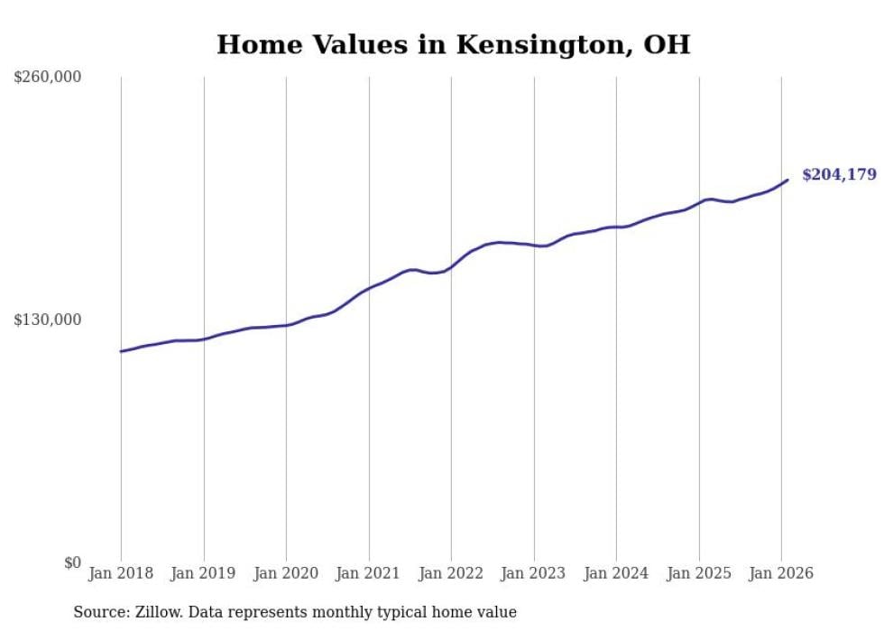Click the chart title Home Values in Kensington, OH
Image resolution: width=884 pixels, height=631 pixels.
pyautogui.click(x=453, y=44)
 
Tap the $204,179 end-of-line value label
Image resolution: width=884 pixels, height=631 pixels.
pyautogui.click(x=839, y=174)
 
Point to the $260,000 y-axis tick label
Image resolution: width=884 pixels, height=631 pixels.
pyautogui.click(x=48, y=78)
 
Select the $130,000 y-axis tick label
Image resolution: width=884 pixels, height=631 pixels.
pyautogui.click(x=48, y=320)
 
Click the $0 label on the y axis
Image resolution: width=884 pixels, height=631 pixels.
pyautogui.click(x=72, y=563)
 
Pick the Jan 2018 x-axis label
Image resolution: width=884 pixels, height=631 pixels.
pyautogui.click(x=121, y=573)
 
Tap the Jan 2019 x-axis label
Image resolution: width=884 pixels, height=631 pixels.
pyautogui.click(x=204, y=573)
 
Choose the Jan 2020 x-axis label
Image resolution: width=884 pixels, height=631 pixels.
pyautogui.click(x=286, y=573)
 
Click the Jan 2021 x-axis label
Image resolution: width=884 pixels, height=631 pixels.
pyautogui.click(x=369, y=573)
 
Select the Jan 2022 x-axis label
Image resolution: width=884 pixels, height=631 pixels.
pyautogui.click(x=451, y=573)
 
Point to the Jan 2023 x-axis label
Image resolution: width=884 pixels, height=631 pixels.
pyautogui.click(x=534, y=573)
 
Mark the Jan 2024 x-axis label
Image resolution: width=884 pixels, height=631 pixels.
pyautogui.click(x=616, y=573)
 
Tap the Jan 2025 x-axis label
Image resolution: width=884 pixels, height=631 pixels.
pyautogui.click(x=699, y=573)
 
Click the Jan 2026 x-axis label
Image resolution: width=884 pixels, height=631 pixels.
pyautogui.click(x=781, y=573)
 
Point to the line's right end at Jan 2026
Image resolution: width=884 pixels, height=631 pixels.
pyautogui.click(x=787, y=180)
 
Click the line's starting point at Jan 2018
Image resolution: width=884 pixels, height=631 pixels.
pyautogui.click(x=121, y=351)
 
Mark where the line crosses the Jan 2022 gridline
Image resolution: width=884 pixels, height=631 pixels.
pyautogui.click(x=451, y=267)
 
